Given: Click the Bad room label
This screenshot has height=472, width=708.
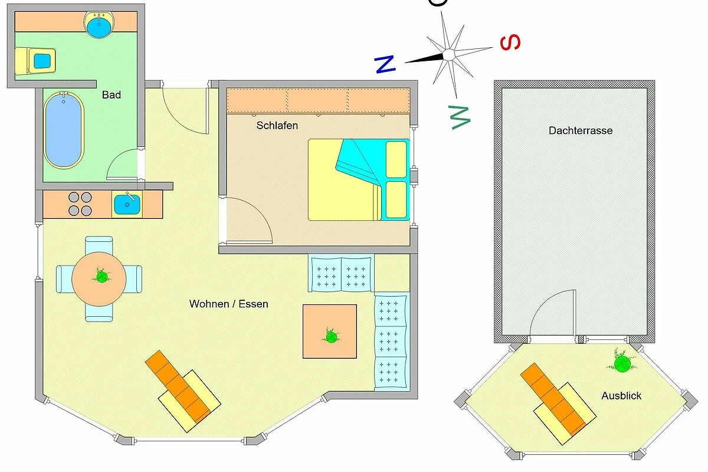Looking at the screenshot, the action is click(112, 95).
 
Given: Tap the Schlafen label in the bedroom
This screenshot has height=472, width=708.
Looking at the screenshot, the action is click(277, 126).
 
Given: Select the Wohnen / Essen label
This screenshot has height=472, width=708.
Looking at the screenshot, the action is click(228, 304).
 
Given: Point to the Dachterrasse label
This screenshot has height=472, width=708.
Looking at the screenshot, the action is click(581, 130).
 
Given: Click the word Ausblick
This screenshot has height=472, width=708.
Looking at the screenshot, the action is click(621, 395).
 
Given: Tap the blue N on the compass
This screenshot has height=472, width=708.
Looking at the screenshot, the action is click(385, 64).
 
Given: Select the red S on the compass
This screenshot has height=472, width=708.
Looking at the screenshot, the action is click(510, 42).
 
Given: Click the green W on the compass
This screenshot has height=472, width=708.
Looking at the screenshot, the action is click(460, 117).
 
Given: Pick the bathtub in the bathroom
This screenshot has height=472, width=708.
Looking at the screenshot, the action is click(64, 130).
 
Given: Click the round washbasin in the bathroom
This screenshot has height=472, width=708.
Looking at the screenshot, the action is click(99, 25).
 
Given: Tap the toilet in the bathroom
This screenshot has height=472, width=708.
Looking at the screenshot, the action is click(35, 61).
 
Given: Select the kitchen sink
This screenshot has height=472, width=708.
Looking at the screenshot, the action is click(127, 205).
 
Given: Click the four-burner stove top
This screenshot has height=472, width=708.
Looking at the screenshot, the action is click(80, 204).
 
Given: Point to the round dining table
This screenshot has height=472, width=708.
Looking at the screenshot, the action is click(99, 279).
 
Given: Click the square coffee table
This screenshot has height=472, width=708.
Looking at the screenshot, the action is click(330, 332).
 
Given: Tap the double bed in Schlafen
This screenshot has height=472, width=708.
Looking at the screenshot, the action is click(359, 179).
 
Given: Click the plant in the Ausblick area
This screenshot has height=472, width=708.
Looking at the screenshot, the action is click(622, 363).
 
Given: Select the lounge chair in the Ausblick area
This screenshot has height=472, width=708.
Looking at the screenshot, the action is click(558, 404).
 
